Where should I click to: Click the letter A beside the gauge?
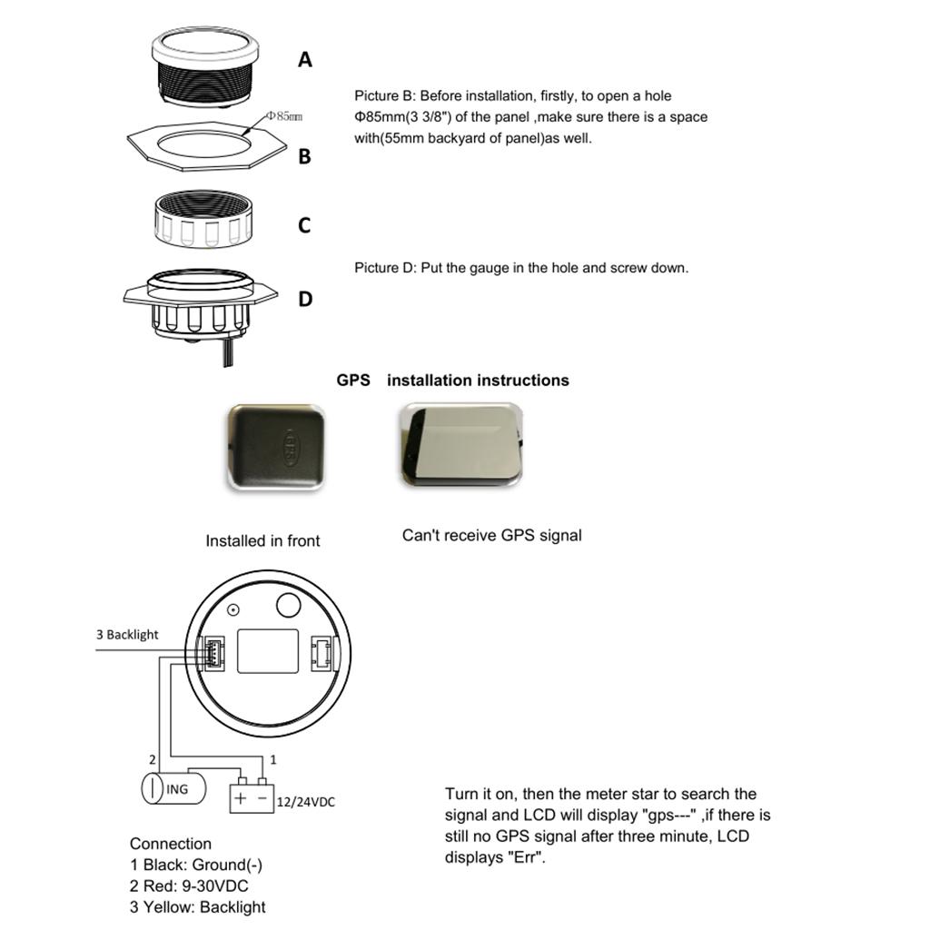(305, 60)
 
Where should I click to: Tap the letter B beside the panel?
(305, 156)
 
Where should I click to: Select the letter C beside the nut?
(305, 225)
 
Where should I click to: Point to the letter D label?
(305, 299)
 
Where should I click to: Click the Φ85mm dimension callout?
(284, 116)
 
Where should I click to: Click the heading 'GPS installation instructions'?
(452, 381)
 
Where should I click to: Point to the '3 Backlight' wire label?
(127, 635)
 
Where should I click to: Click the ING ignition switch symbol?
(172, 788)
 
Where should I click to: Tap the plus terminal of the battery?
(240, 799)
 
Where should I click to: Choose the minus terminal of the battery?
(262, 799)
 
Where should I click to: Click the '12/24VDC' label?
(304, 802)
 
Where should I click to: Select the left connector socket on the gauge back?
(212, 652)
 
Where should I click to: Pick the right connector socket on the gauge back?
(322, 651)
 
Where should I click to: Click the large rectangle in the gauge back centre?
(268, 650)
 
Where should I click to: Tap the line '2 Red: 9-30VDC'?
(189, 885)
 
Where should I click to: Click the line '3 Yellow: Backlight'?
(198, 906)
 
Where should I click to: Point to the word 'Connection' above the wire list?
(171, 844)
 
